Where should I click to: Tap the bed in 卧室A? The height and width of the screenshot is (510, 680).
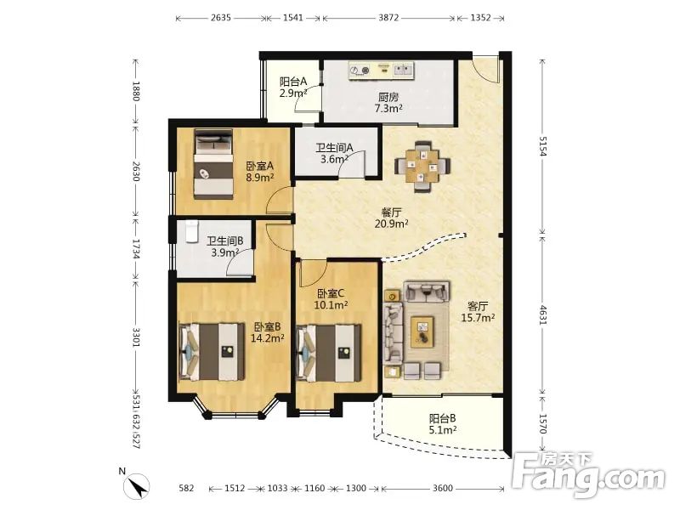(213, 164)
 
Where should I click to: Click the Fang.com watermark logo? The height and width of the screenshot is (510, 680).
(588, 474)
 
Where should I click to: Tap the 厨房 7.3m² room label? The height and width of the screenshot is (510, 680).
(388, 102)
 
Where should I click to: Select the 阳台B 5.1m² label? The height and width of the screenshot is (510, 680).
(442, 424)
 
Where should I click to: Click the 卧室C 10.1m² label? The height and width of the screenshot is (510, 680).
(331, 299)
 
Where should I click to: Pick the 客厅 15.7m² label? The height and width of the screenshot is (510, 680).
(478, 311)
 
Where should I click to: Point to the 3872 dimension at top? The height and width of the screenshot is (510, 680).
(388, 18)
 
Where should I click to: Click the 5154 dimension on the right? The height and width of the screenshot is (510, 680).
(543, 145)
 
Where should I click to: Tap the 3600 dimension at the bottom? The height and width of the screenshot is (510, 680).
(442, 488)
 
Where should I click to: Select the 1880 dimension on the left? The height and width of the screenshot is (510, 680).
(136, 91)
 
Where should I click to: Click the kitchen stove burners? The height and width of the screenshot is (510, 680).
(360, 70)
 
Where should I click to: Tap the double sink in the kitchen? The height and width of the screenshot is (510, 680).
(403, 70)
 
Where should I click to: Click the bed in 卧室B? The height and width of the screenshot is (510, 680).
(212, 352)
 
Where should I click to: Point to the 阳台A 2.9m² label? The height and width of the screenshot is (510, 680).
(293, 87)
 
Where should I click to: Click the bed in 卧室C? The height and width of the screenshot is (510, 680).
(328, 353)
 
